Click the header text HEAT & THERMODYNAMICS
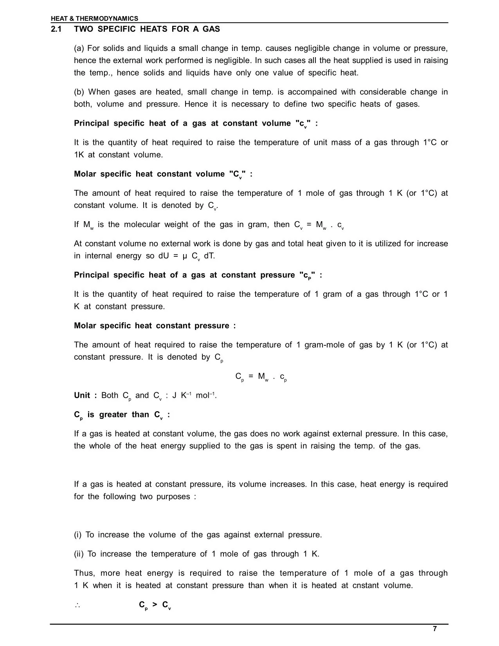[94, 18]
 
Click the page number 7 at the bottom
[434, 629]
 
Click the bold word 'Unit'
[82, 395]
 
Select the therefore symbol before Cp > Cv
[77, 605]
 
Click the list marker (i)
[77, 535]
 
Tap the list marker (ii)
[79, 554]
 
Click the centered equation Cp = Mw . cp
[261, 377]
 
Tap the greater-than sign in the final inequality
[155, 605]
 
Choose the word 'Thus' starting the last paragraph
[84, 573]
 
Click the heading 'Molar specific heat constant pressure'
[155, 326]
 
